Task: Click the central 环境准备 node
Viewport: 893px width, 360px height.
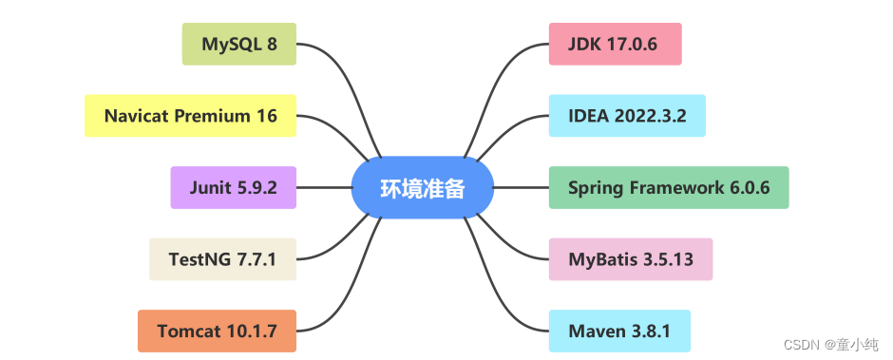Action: tap(423, 188)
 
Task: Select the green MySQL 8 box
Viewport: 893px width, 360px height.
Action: tap(238, 44)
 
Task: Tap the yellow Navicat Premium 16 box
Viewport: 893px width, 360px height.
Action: tap(190, 116)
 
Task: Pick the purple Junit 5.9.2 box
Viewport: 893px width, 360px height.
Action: tap(234, 187)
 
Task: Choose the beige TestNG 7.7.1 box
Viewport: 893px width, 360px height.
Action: tap(222, 259)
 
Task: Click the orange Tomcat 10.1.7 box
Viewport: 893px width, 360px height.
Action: tap(217, 331)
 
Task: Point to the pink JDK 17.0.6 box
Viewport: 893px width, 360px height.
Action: tap(616, 44)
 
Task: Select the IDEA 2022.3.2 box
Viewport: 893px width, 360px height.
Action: tap(627, 116)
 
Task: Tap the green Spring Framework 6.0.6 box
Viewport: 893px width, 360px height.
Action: tap(669, 187)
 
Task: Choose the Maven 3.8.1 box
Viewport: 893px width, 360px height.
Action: tap(619, 331)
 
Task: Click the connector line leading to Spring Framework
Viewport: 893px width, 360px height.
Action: tap(521, 187)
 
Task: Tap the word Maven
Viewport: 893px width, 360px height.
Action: tap(595, 331)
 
